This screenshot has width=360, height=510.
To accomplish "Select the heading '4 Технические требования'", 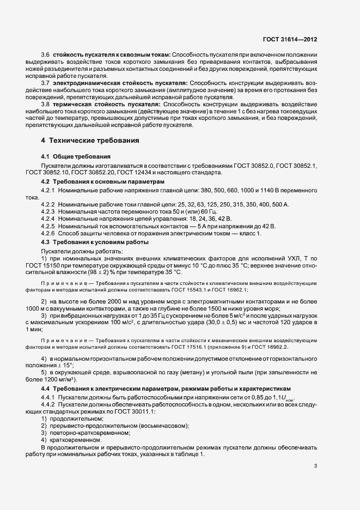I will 90,140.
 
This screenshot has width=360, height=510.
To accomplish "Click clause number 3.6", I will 46,54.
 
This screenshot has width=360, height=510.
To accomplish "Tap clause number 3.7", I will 46,82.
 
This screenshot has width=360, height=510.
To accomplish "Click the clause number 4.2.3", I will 48,210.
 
